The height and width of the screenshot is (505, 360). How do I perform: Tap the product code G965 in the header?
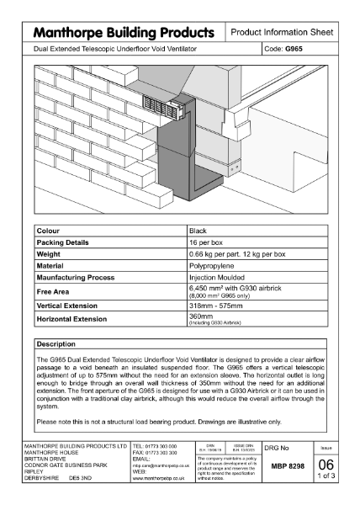(295, 50)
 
